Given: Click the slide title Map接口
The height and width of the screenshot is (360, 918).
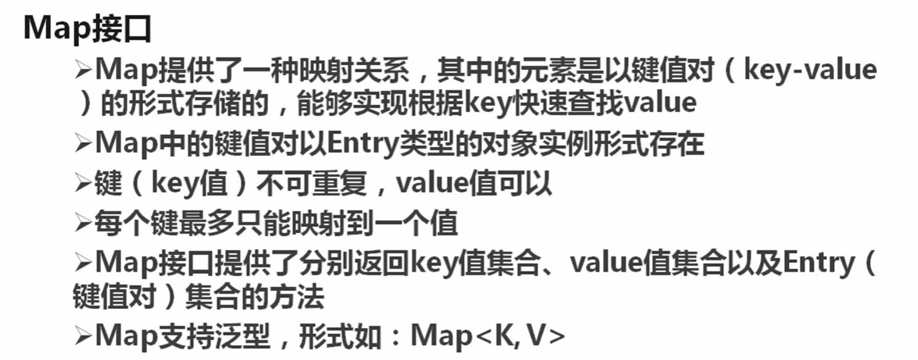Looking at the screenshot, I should [x=88, y=28].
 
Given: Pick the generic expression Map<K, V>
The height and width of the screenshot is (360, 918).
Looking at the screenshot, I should [x=487, y=337].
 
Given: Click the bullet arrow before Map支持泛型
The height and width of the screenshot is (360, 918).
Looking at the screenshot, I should [x=83, y=338].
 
